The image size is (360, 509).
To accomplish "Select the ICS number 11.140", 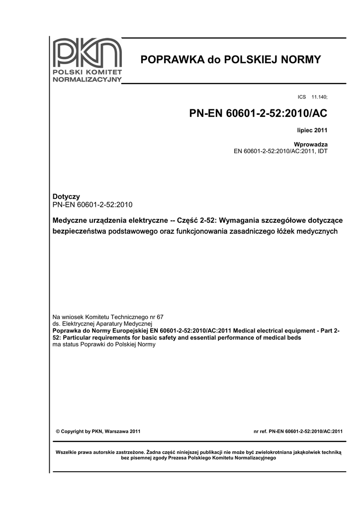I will point(319,96).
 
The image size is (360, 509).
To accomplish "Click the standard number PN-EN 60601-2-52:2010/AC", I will point(258,114).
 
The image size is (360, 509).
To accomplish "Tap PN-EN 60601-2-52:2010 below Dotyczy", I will point(92,204).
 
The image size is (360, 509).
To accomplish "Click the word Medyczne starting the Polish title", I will point(70,220).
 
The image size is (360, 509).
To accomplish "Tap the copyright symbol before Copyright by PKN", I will point(58,431).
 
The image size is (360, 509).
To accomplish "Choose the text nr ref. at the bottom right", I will point(261,431).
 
